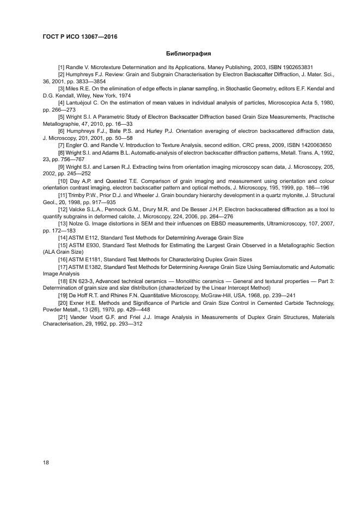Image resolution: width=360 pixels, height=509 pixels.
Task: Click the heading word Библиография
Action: point(188,54)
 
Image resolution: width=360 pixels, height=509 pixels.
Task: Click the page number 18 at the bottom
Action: point(46,462)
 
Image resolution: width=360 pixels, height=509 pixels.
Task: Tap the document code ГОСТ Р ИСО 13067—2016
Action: point(80,37)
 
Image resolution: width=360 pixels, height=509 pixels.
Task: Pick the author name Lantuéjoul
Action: point(81,102)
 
